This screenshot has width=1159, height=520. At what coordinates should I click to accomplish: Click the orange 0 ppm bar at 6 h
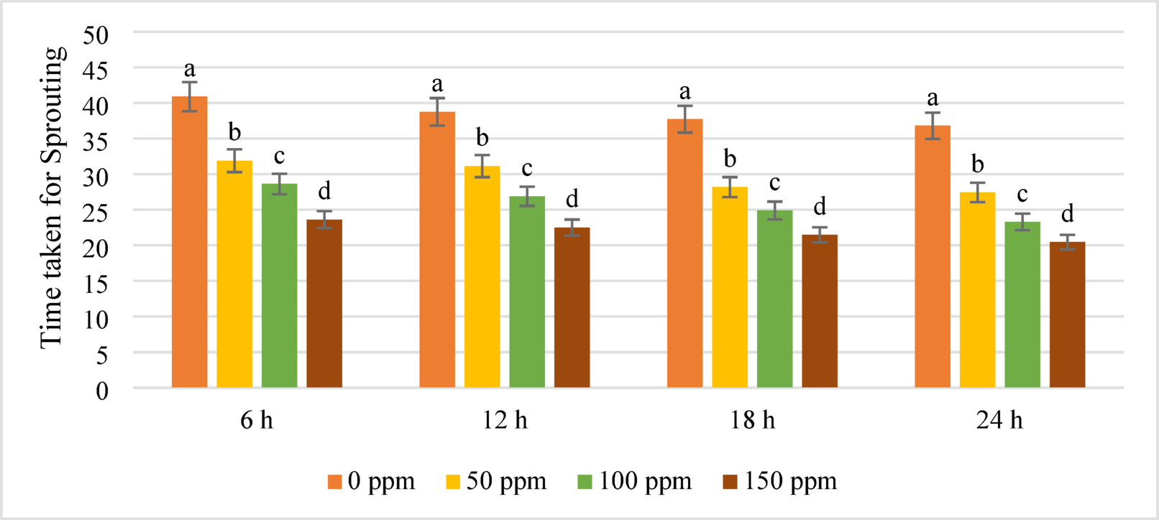point(189,244)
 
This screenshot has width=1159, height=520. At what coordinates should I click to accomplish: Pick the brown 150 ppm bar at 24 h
point(1067,316)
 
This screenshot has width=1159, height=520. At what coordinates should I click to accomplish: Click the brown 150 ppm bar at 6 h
point(324,305)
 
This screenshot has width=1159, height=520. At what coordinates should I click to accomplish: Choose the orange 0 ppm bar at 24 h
point(933,259)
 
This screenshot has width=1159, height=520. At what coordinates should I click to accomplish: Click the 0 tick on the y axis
point(102,391)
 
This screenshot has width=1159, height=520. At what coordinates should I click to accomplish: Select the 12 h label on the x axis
point(505,420)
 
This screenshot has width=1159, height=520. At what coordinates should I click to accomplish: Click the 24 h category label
point(999,420)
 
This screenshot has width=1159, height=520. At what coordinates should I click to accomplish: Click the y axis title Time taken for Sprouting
point(52,198)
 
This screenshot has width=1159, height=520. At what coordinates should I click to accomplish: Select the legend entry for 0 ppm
point(371,481)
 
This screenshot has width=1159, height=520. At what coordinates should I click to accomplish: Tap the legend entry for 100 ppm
point(634,481)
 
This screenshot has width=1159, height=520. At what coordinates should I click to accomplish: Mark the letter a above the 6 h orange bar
point(189,69)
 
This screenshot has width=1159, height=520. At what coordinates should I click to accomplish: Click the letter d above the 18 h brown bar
point(820,207)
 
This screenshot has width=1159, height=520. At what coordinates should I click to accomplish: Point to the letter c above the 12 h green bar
point(527,168)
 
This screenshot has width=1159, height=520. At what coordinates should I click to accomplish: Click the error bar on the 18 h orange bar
point(685,119)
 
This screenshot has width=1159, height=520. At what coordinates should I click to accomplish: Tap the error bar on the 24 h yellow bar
point(977,192)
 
